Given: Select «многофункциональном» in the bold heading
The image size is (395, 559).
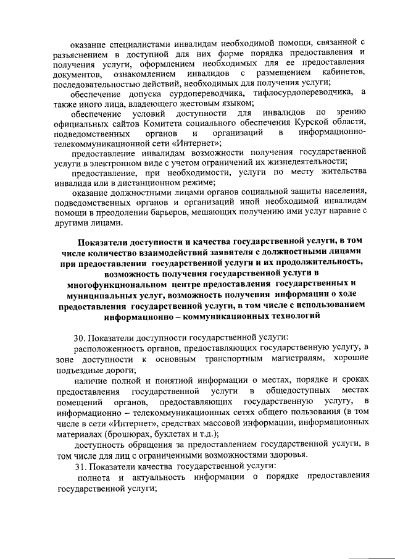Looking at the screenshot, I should click(x=116, y=284).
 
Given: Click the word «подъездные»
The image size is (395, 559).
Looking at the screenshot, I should click(x=77, y=369).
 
